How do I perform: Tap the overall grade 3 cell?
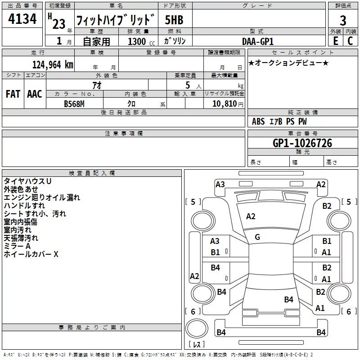pyautogui.click(x=343, y=20)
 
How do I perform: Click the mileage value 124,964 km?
pyautogui.click(x=53, y=64)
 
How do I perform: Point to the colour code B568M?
pyautogui.click(x=74, y=103)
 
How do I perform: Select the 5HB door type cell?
pyautogui.click(x=174, y=20)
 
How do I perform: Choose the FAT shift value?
pyautogui.click(x=13, y=94)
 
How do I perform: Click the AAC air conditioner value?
pyautogui.click(x=34, y=94)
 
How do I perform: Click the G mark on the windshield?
pyautogui.click(x=257, y=237)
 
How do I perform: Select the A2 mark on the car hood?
pyautogui.click(x=251, y=216)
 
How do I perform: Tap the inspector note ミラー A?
pyautogui.click(x=17, y=246)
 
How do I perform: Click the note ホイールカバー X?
pyautogui.click(x=31, y=254)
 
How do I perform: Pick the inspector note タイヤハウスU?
pyautogui.click(x=27, y=181)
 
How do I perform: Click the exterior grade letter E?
pyautogui.click(x=335, y=40)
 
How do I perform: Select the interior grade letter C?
pyautogui.click(x=351, y=40)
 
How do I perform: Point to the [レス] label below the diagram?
pyautogui.click(x=196, y=345)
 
